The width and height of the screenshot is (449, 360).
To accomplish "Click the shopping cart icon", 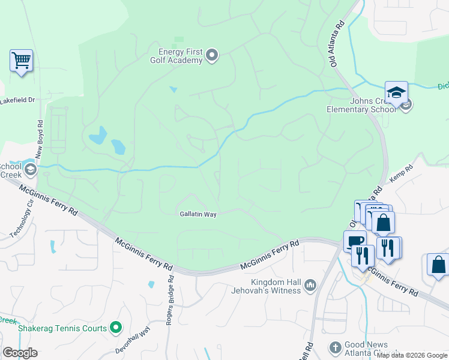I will tap(21, 61).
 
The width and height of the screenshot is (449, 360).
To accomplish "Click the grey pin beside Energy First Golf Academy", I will tap(211, 56).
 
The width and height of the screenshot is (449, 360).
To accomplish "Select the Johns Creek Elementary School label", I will tap(361, 105).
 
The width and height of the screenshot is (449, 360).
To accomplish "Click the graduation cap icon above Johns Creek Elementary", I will tap(396, 92).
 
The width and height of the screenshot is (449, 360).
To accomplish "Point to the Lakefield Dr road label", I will tap(17, 100).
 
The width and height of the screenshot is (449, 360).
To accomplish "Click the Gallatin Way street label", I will tap(197, 214).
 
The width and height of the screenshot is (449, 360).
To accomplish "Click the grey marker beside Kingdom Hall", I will tap(310, 284).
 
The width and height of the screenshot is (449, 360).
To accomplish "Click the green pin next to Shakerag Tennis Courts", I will tap(116, 328).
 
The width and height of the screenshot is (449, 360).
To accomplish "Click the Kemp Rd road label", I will tap(402, 173).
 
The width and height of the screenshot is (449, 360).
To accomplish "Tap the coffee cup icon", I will tap(355, 241).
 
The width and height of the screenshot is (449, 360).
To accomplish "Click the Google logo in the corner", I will tap(20, 353).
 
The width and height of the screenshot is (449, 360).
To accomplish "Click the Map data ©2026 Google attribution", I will tap(412, 355).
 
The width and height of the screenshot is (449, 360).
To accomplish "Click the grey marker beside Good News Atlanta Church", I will tap(335, 347).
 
